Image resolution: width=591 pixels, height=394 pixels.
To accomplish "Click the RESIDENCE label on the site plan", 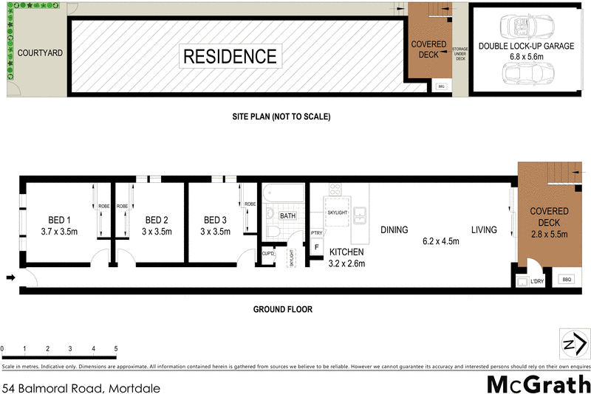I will (x=230, y=56).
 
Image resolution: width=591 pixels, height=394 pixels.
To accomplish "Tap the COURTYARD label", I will (x=40, y=53).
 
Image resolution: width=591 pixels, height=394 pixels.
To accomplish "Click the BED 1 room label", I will (x=58, y=220).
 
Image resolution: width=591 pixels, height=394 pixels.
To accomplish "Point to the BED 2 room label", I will (x=157, y=220).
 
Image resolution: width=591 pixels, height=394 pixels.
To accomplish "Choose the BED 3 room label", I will (x=215, y=220).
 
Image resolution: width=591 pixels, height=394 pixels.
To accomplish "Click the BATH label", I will (x=287, y=216).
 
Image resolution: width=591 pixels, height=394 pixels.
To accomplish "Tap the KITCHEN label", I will (x=346, y=252).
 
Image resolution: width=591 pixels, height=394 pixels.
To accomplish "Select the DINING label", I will (x=394, y=230).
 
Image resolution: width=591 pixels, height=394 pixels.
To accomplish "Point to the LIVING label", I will (x=485, y=230).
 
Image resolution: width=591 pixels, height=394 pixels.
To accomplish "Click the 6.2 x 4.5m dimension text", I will (x=441, y=241).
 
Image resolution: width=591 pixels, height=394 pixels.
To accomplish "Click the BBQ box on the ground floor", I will (x=567, y=280).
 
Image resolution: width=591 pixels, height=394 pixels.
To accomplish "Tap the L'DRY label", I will (x=536, y=281).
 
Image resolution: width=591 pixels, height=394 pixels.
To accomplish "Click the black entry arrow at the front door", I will (x=10, y=278).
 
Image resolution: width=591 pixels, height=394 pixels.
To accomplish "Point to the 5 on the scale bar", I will (x=116, y=348).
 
